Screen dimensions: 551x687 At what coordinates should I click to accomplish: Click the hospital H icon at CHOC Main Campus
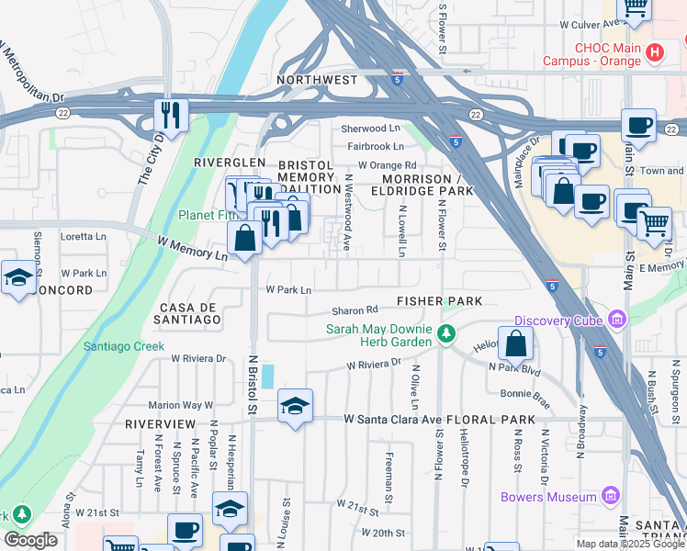(x=655, y=52)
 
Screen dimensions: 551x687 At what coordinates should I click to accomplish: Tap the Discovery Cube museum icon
(x=614, y=320)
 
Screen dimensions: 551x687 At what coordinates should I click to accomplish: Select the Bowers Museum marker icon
(x=612, y=498)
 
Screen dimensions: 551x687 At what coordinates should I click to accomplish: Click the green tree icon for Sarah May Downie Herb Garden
(x=446, y=333)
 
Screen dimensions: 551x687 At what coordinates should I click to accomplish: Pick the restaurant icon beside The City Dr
(x=170, y=115)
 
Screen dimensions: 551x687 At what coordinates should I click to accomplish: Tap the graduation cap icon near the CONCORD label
(x=17, y=276)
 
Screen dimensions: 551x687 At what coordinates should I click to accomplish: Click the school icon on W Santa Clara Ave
(x=295, y=406)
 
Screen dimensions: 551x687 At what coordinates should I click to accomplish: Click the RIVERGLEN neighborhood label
(x=217, y=162)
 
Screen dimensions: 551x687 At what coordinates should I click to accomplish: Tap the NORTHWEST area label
(x=319, y=80)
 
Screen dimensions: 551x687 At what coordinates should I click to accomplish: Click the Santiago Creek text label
(x=124, y=346)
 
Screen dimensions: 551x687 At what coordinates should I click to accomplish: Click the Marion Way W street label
(x=180, y=404)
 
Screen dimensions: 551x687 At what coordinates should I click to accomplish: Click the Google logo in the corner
(x=30, y=540)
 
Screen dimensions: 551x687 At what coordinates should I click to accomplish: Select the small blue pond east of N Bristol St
(x=267, y=377)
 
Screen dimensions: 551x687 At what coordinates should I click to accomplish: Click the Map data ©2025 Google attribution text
(x=629, y=544)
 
